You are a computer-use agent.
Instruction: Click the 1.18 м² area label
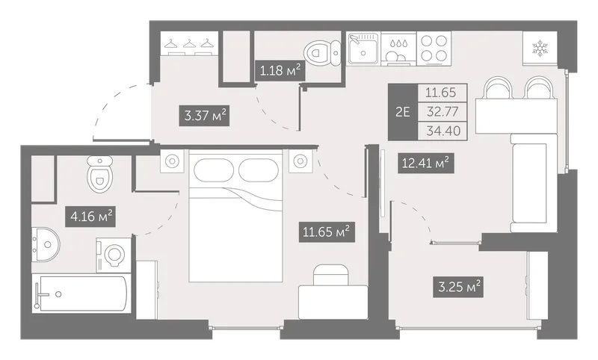coord(280,70)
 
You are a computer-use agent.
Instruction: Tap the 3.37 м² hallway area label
coord(206,115)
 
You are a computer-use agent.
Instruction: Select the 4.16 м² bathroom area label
coord(90,217)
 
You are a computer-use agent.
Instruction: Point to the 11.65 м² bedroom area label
coord(326,232)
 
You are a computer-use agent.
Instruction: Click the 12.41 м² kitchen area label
coord(425,164)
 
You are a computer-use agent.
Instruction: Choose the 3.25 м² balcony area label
coord(458,287)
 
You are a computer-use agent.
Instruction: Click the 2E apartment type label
coord(403,112)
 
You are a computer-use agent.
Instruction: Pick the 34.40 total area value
coord(443,131)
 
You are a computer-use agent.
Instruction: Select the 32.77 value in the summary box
coord(443,111)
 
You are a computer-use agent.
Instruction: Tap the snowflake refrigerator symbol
coord(540,49)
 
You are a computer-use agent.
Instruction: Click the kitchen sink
coord(363,49)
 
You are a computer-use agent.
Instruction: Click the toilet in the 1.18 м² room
coord(322,52)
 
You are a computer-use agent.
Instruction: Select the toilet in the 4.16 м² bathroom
coord(100,174)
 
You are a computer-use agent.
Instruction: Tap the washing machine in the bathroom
coord(114,255)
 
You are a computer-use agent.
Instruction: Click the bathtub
coord(81,294)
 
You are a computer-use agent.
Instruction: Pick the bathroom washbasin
coord(45,244)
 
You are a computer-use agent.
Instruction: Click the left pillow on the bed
coord(214,170)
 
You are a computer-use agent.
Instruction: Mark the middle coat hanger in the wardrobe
coord(189,45)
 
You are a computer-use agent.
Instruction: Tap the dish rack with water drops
coord(398,49)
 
